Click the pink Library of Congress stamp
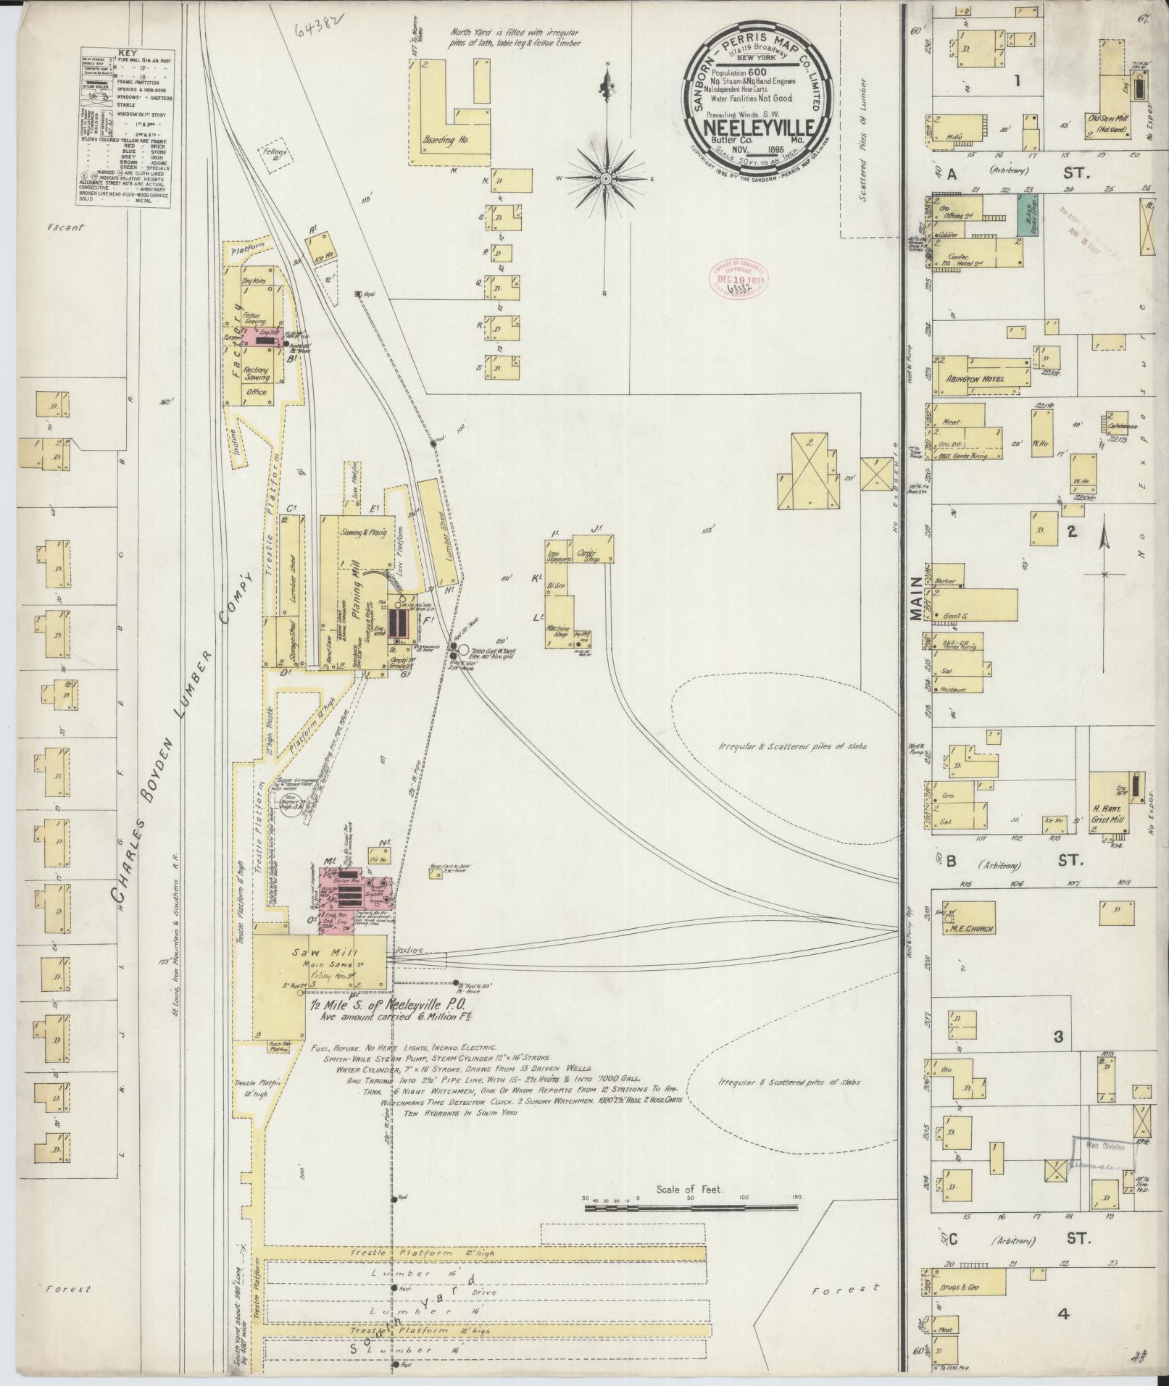point(736,278)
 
